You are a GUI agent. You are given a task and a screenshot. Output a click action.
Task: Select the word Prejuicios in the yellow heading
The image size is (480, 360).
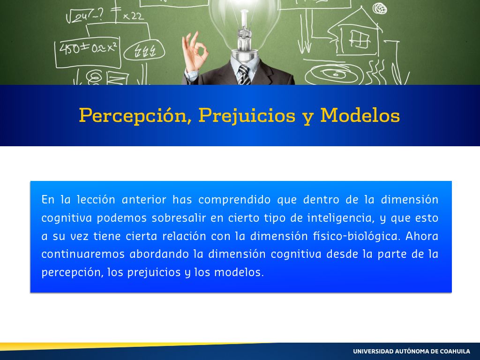pos(247,116)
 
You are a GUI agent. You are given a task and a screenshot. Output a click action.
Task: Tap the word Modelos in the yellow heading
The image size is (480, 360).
pos(360,115)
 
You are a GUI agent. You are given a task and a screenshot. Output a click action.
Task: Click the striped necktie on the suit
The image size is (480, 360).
pos(244,75)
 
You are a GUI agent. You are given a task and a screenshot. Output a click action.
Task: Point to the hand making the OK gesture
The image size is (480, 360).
pos(194,52)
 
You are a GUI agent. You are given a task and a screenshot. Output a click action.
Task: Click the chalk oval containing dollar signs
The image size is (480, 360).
pos(144,51)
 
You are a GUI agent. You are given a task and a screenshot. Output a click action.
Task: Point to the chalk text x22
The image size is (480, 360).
pos(133,16)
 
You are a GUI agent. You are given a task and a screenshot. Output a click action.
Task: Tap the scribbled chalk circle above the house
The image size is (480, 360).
pos(380,8)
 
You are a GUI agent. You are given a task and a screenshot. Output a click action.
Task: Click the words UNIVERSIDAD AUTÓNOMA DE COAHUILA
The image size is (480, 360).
pos(412,351)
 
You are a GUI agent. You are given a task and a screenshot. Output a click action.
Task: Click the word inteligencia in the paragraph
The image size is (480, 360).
pos(341,218)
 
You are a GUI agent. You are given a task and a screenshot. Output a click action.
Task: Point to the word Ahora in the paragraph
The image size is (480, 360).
pos(422,236)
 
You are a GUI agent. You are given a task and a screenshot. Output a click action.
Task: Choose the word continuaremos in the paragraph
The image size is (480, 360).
pos(83,254)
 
